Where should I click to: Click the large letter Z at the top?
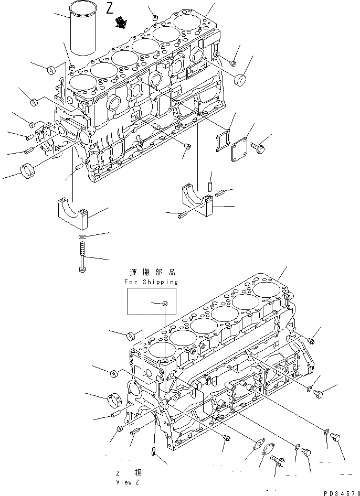point(110,8)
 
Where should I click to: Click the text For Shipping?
point(151,282)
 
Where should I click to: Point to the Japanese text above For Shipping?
point(151,273)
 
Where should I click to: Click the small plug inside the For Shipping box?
point(164,303)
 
